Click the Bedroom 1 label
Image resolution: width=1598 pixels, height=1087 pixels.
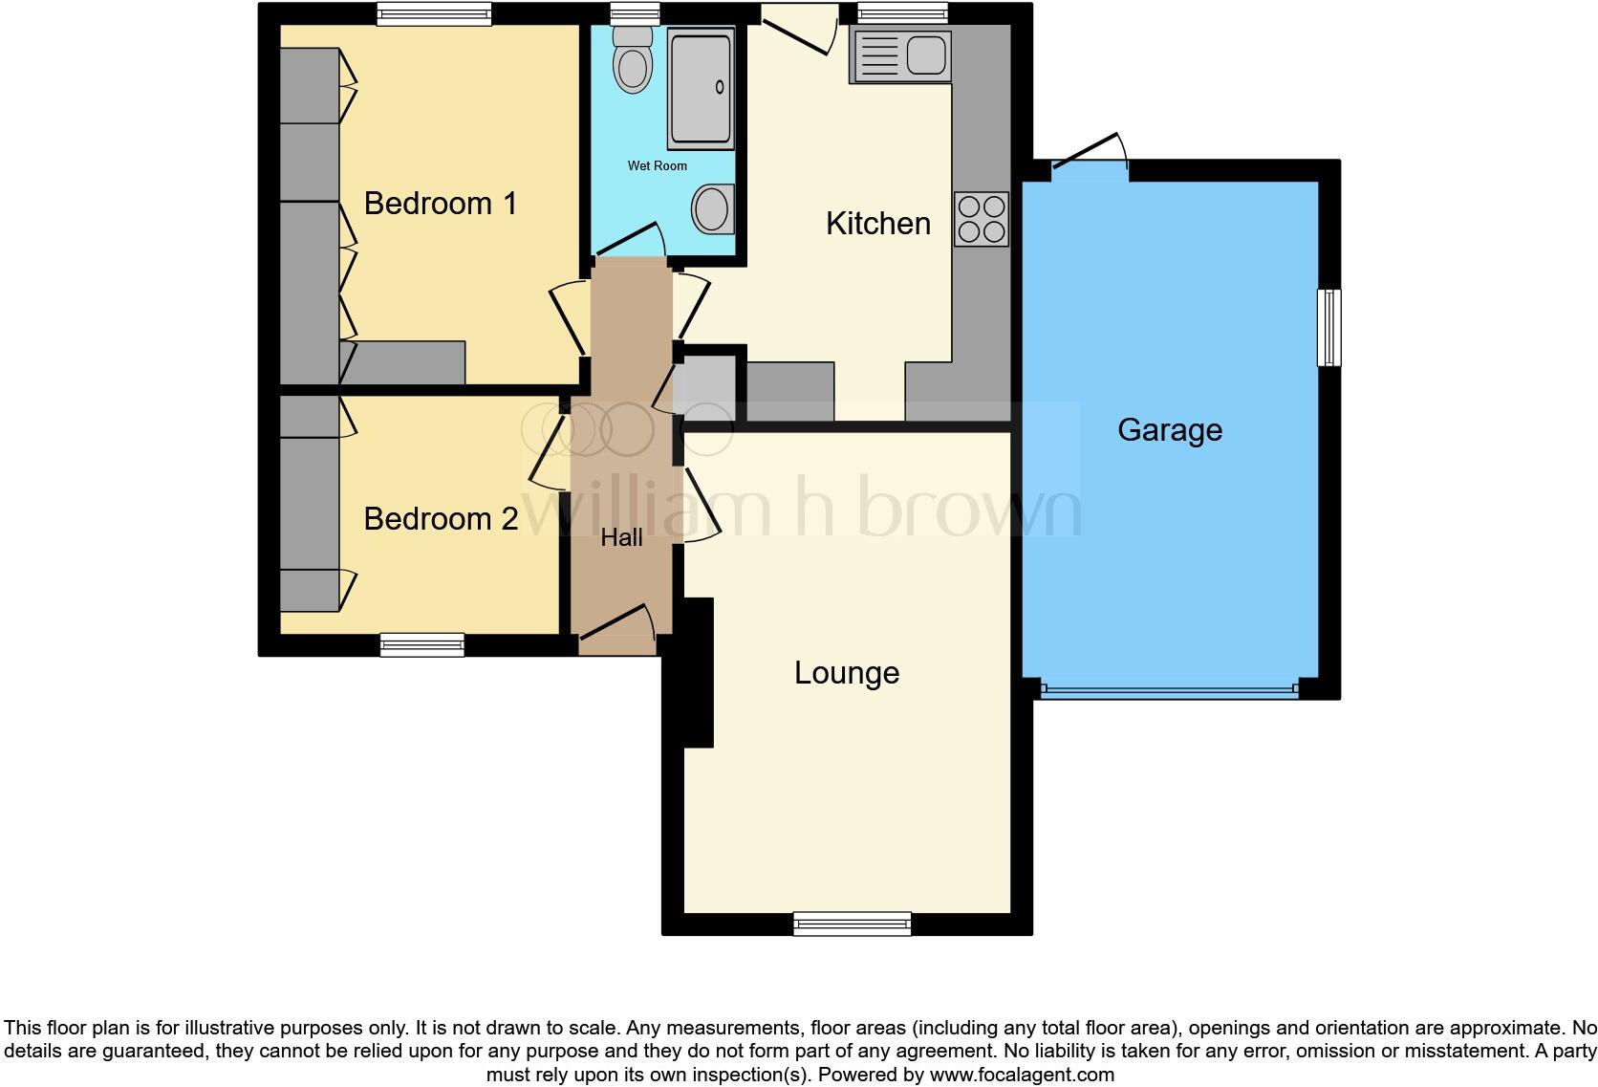coord(441,204)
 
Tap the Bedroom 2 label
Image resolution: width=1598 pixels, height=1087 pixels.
coord(441,519)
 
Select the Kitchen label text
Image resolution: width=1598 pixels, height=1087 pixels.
coord(877,224)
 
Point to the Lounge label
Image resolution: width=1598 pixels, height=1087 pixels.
coord(847,673)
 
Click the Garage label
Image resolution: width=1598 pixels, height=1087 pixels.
coord(1170,430)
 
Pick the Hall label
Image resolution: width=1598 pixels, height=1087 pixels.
coord(621,538)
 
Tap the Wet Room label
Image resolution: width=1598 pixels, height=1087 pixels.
coord(657,166)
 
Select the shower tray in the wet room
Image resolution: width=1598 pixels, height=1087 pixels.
coord(701,88)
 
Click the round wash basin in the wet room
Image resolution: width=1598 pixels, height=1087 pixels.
coord(712,208)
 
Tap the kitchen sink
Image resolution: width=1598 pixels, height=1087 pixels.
coord(899,55)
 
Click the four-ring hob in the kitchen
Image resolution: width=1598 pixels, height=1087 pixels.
coord(982,219)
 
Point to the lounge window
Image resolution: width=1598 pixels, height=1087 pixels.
coord(852,923)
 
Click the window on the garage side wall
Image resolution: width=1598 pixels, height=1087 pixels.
coord(1328,328)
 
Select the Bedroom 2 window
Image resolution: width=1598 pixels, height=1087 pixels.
coord(421,644)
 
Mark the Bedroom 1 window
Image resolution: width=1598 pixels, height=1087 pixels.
coord(434,13)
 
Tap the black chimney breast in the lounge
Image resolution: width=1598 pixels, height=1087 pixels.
coord(693,672)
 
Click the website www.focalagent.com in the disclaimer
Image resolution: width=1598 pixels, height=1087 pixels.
coord(1021,1075)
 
